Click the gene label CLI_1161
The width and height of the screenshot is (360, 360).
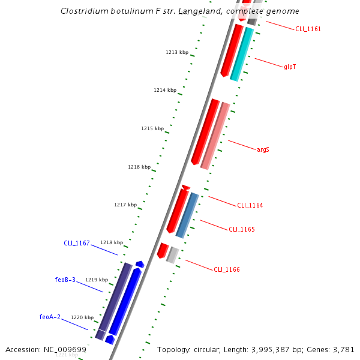(308, 29)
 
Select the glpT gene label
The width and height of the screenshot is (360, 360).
(290, 67)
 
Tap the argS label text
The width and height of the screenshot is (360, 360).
(263, 149)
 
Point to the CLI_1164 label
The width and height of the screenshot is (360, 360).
(250, 205)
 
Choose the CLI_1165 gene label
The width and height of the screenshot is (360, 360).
(242, 229)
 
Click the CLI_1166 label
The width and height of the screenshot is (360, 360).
(227, 269)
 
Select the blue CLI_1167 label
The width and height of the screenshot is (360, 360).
(77, 243)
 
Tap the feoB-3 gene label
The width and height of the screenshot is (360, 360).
(65, 280)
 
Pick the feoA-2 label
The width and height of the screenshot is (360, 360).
(50, 317)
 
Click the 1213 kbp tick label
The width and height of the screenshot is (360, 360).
(177, 52)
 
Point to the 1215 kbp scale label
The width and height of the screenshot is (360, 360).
(152, 128)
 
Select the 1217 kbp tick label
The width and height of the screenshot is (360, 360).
(125, 205)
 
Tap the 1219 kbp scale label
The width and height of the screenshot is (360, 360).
(97, 280)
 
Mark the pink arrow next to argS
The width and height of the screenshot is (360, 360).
(215, 136)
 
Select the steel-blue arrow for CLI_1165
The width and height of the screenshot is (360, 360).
(187, 215)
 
